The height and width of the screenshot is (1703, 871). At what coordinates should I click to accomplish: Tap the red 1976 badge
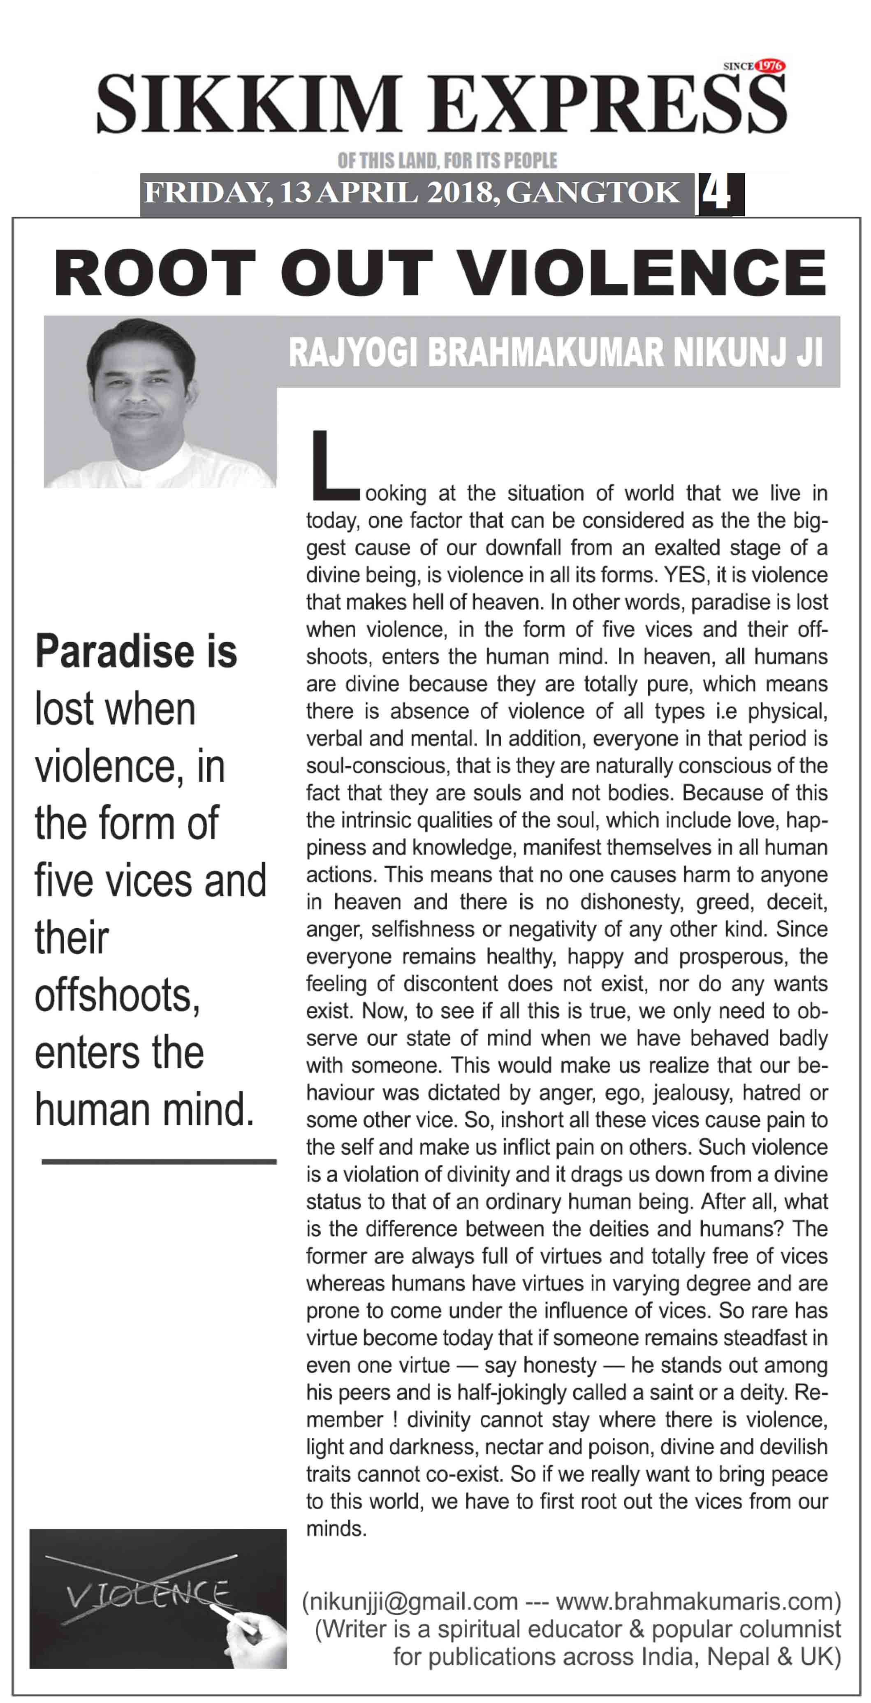tap(769, 65)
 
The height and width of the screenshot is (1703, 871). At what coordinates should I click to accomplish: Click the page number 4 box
tap(718, 194)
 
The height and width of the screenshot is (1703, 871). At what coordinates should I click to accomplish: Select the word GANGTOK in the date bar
tap(592, 193)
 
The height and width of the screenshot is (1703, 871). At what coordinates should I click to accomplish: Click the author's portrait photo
tap(159, 403)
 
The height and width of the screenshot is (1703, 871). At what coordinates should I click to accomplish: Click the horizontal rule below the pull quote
tap(159, 1161)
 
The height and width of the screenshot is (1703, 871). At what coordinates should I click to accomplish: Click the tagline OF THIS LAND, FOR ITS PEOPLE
tap(447, 161)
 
